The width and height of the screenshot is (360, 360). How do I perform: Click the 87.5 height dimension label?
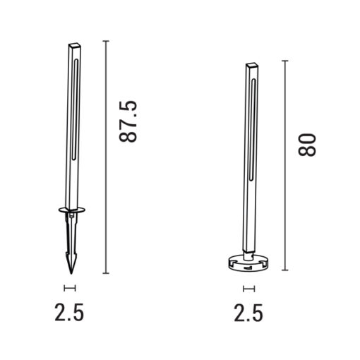click(128, 121)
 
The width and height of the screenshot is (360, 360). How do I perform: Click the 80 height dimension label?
click(307, 145)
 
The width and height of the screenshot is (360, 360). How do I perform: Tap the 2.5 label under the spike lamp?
click(69, 313)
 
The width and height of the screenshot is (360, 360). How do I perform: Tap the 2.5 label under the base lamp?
click(248, 313)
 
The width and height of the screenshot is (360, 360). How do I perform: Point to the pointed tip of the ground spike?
click(71, 273)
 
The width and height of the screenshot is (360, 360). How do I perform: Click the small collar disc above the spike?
click(72, 210)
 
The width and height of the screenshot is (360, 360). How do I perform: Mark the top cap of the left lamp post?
click(75, 45)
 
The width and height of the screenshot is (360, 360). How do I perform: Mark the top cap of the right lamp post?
click(252, 65)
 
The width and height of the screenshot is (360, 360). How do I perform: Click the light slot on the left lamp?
click(75, 109)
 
